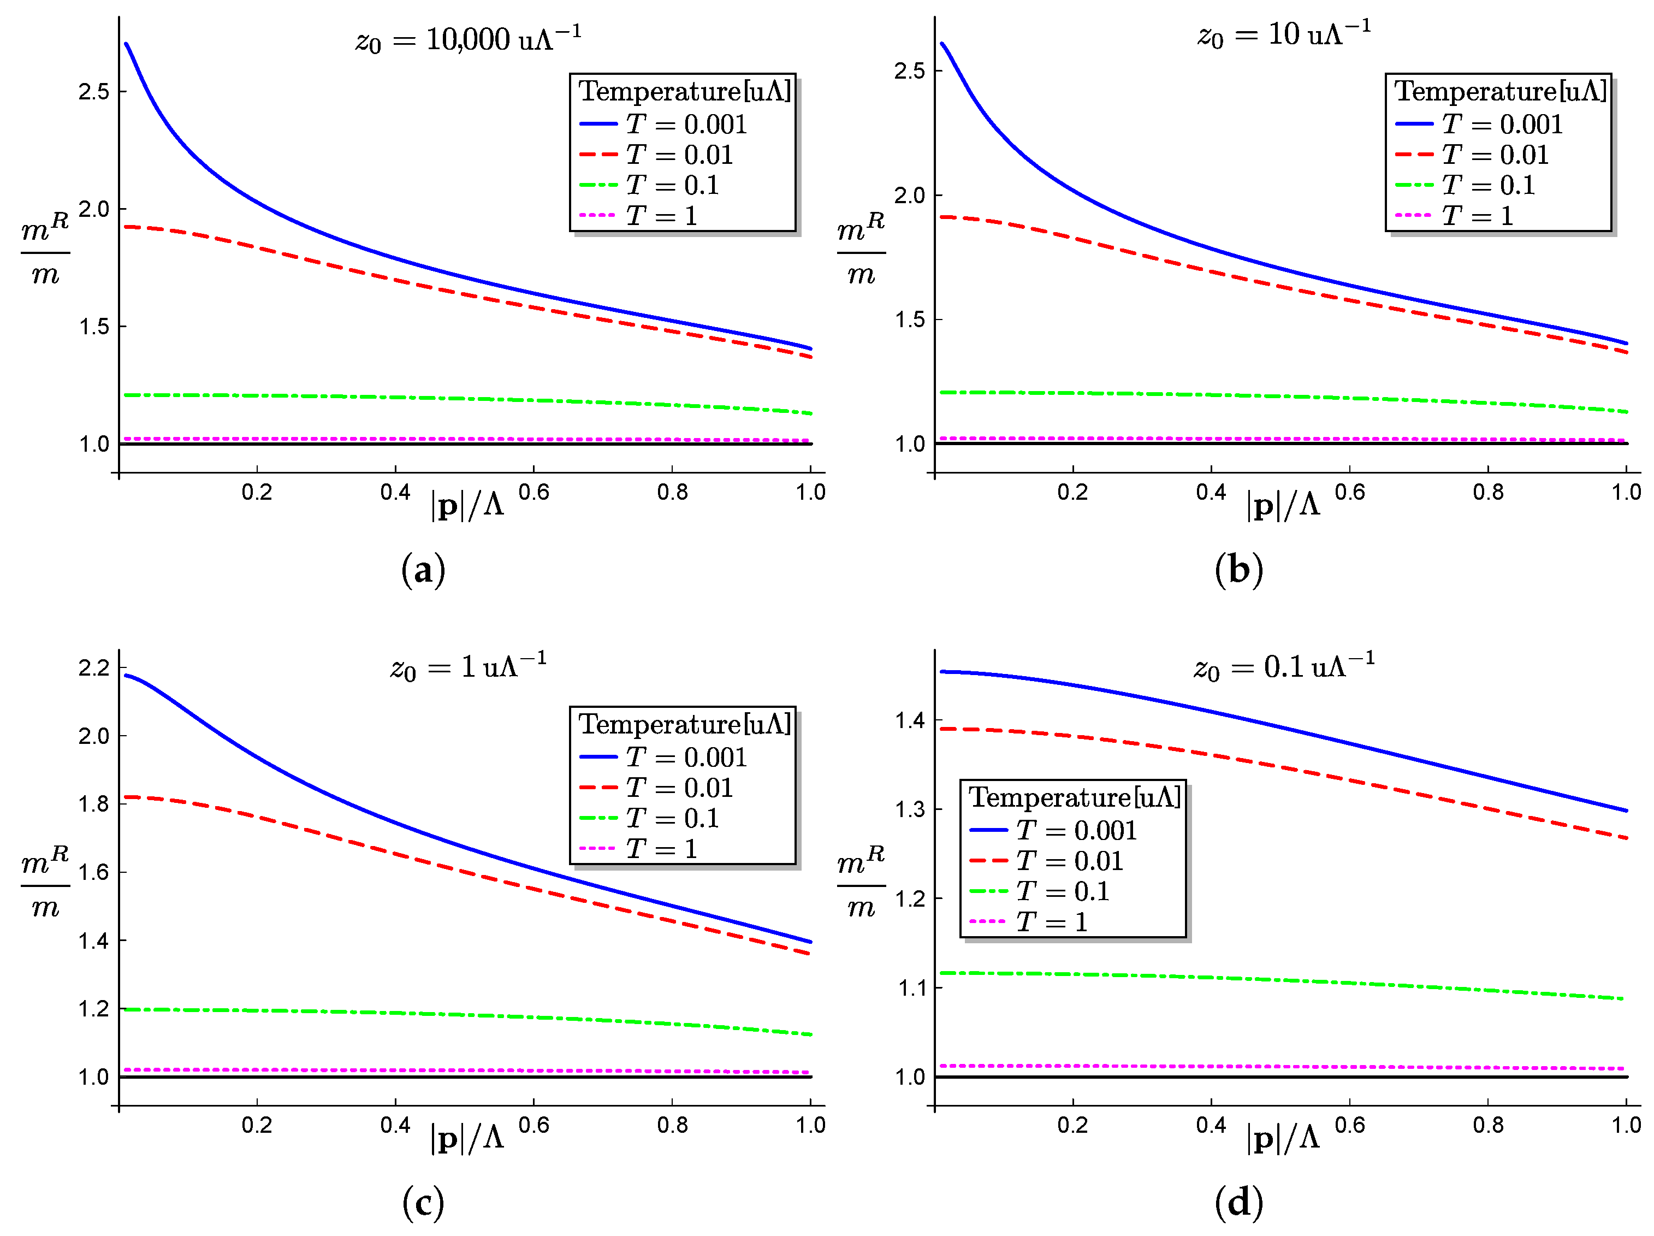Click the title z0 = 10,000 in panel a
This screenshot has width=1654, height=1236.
(468, 39)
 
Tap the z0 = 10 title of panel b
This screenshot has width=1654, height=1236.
(1284, 34)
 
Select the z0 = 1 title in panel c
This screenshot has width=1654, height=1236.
(468, 666)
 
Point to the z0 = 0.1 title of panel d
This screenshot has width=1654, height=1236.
(1284, 666)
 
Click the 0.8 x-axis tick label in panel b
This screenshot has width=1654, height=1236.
(1487, 492)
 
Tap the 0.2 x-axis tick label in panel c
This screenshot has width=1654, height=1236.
(257, 1125)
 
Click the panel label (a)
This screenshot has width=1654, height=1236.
(423, 571)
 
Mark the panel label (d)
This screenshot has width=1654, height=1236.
(1239, 1202)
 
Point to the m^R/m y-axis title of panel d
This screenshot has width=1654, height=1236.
(861, 885)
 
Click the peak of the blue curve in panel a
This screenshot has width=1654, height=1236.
(126, 44)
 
